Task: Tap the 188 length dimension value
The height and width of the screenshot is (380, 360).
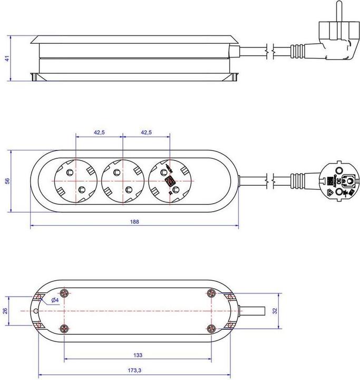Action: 134,222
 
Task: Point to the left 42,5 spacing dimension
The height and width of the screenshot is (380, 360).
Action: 99,132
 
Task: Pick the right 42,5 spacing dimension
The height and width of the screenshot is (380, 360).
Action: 146,132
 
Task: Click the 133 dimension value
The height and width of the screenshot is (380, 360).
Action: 138,356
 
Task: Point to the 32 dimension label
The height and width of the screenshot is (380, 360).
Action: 275,311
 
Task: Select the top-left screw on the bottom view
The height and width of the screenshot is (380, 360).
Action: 64,293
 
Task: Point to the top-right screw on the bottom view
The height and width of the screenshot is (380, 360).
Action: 211,293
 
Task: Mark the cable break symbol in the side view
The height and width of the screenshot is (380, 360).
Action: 269,51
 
